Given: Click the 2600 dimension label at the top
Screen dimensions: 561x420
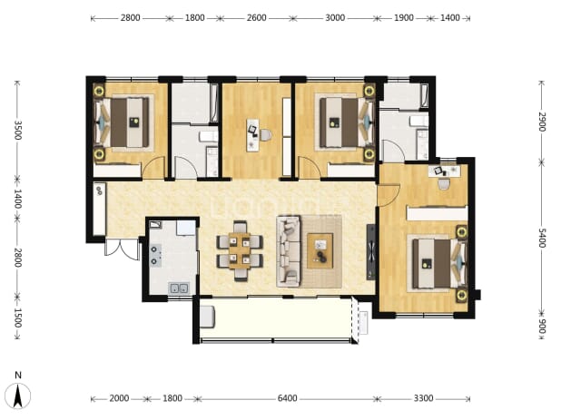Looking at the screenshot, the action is tap(256, 17).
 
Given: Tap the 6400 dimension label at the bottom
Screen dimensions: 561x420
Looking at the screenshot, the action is tap(287, 398).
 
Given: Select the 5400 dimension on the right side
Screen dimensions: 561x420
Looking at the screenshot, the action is tap(541, 238).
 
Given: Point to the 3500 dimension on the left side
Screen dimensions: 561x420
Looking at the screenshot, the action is tap(17, 131).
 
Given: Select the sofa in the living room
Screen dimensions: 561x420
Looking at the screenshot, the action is tap(288, 251).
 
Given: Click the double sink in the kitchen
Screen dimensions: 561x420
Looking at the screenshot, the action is tap(179, 288).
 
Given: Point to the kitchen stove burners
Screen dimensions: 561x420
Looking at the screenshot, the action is tap(154, 255).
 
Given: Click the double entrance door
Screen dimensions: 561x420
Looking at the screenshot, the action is tap(122, 249).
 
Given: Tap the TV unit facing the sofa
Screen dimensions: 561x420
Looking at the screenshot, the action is tap(371, 251).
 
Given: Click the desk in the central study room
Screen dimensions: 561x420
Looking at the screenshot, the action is tap(253, 135).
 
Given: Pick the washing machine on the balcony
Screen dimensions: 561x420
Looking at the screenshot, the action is tap(207, 317).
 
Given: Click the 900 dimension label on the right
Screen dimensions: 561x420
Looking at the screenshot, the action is tap(541, 327).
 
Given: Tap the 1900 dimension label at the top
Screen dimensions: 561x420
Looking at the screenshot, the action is tap(404, 17).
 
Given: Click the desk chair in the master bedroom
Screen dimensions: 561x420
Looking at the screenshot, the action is tap(444, 184).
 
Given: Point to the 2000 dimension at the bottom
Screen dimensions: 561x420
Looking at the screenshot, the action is tap(119, 398).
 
